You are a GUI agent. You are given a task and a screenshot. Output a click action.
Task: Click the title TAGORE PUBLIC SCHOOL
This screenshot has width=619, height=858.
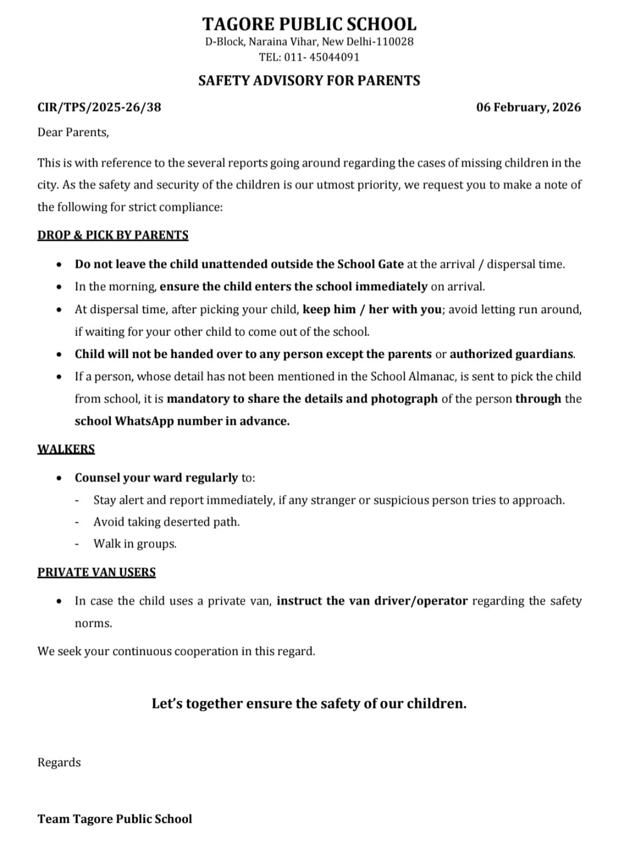309,24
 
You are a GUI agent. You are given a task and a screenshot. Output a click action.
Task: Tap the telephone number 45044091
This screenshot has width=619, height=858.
338,57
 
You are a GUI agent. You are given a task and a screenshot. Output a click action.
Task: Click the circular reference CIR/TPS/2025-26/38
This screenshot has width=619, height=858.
99,107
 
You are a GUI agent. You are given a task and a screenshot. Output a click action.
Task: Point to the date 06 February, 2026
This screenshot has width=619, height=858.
528,107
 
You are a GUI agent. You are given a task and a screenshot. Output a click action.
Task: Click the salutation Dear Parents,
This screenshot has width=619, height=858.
73,132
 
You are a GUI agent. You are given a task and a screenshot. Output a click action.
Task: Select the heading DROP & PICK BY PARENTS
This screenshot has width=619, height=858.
113,235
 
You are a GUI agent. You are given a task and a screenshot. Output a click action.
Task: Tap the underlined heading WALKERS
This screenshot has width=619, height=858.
66,449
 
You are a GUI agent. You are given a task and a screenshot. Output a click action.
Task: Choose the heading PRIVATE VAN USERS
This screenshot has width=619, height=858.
96,572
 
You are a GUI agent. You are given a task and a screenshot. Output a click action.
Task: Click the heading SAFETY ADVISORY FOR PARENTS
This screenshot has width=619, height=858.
309,81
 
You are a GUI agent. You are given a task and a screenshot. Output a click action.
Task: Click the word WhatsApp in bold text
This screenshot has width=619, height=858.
144,421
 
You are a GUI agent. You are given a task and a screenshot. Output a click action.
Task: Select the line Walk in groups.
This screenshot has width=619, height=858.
135,544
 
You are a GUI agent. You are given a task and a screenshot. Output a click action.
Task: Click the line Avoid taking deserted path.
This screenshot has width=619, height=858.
166,522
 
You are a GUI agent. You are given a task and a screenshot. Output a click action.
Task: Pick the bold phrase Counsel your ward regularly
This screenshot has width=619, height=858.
156,478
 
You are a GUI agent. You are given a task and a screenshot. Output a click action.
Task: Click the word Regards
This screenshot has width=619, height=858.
59,762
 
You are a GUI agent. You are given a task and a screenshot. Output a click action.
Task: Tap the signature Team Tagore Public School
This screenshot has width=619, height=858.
115,819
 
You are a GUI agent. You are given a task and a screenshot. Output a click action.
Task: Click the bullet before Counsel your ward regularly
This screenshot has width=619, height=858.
58,478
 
